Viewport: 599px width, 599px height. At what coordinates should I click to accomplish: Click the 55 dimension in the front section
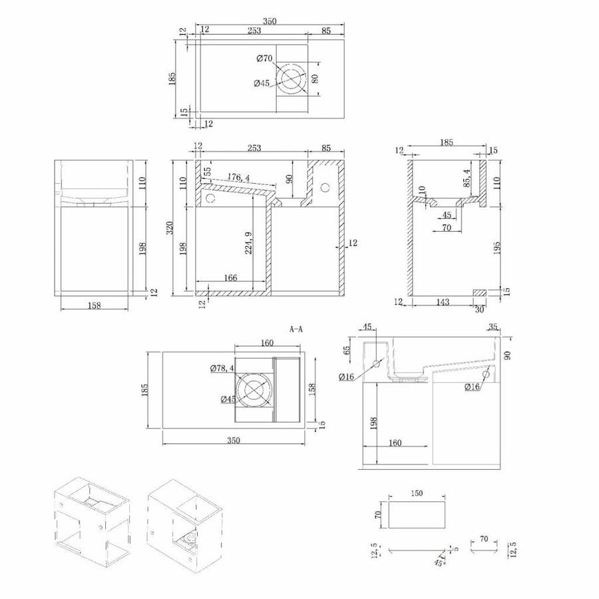[208, 172]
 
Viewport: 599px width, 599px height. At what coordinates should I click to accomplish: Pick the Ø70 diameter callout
[264, 59]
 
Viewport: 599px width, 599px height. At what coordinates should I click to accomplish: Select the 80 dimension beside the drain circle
[316, 78]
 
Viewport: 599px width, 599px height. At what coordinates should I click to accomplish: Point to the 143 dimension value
[443, 302]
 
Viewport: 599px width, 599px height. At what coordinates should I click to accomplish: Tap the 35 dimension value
[492, 327]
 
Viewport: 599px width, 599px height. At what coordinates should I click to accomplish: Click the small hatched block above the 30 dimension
[479, 292]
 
